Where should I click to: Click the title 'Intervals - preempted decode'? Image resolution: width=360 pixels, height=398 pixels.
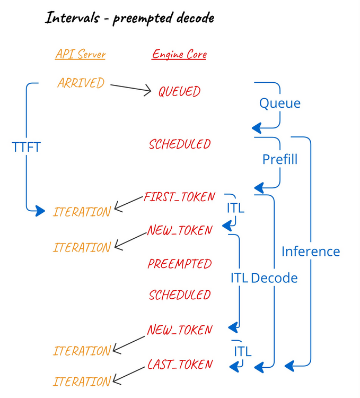point(129,18)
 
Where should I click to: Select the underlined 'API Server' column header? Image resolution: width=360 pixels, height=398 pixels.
point(80,54)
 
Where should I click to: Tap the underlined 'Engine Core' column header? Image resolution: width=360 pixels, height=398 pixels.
point(179,54)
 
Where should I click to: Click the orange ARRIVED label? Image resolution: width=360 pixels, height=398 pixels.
point(81,83)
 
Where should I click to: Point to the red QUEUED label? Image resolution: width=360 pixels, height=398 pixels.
point(179,92)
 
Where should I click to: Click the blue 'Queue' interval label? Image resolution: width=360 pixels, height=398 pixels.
point(279,103)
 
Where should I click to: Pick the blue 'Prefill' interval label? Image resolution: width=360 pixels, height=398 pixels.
point(279,159)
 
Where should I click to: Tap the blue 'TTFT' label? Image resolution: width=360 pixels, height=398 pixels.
point(26,147)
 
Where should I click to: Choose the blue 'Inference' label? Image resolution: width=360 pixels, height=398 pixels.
point(310,251)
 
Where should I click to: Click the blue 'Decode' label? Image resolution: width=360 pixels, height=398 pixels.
point(274,278)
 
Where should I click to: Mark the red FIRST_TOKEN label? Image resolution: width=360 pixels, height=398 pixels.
point(179,197)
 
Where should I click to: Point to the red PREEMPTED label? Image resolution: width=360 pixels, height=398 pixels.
point(180,264)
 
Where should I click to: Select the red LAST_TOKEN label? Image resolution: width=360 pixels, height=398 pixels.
point(180,365)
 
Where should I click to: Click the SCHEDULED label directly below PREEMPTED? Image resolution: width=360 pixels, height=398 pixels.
point(180,295)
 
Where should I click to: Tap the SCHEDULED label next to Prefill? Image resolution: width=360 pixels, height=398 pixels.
point(180,144)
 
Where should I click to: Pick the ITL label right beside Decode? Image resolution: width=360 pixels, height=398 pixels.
point(239,278)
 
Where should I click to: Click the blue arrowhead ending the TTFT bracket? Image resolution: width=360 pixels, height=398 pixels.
point(40,212)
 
